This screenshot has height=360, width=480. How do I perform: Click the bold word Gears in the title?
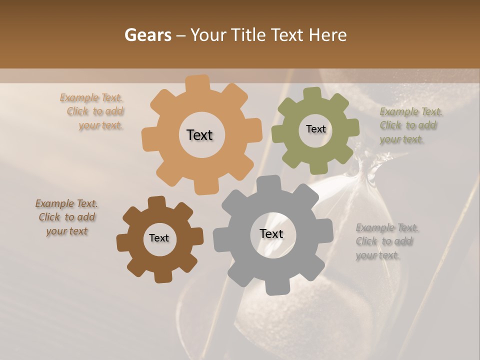(x=148, y=35)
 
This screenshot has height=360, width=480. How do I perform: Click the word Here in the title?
(x=327, y=35)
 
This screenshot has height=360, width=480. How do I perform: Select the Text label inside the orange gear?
(x=199, y=135)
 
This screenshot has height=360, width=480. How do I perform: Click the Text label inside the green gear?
(x=315, y=129)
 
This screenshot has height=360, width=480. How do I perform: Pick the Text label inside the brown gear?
(x=159, y=238)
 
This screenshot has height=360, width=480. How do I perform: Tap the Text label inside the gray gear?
(x=271, y=233)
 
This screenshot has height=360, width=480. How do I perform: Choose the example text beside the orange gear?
(x=95, y=111)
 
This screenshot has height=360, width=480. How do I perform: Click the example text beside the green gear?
(x=410, y=125)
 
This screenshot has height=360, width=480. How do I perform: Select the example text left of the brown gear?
(x=67, y=217)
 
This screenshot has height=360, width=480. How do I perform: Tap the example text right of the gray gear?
(x=386, y=241)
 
